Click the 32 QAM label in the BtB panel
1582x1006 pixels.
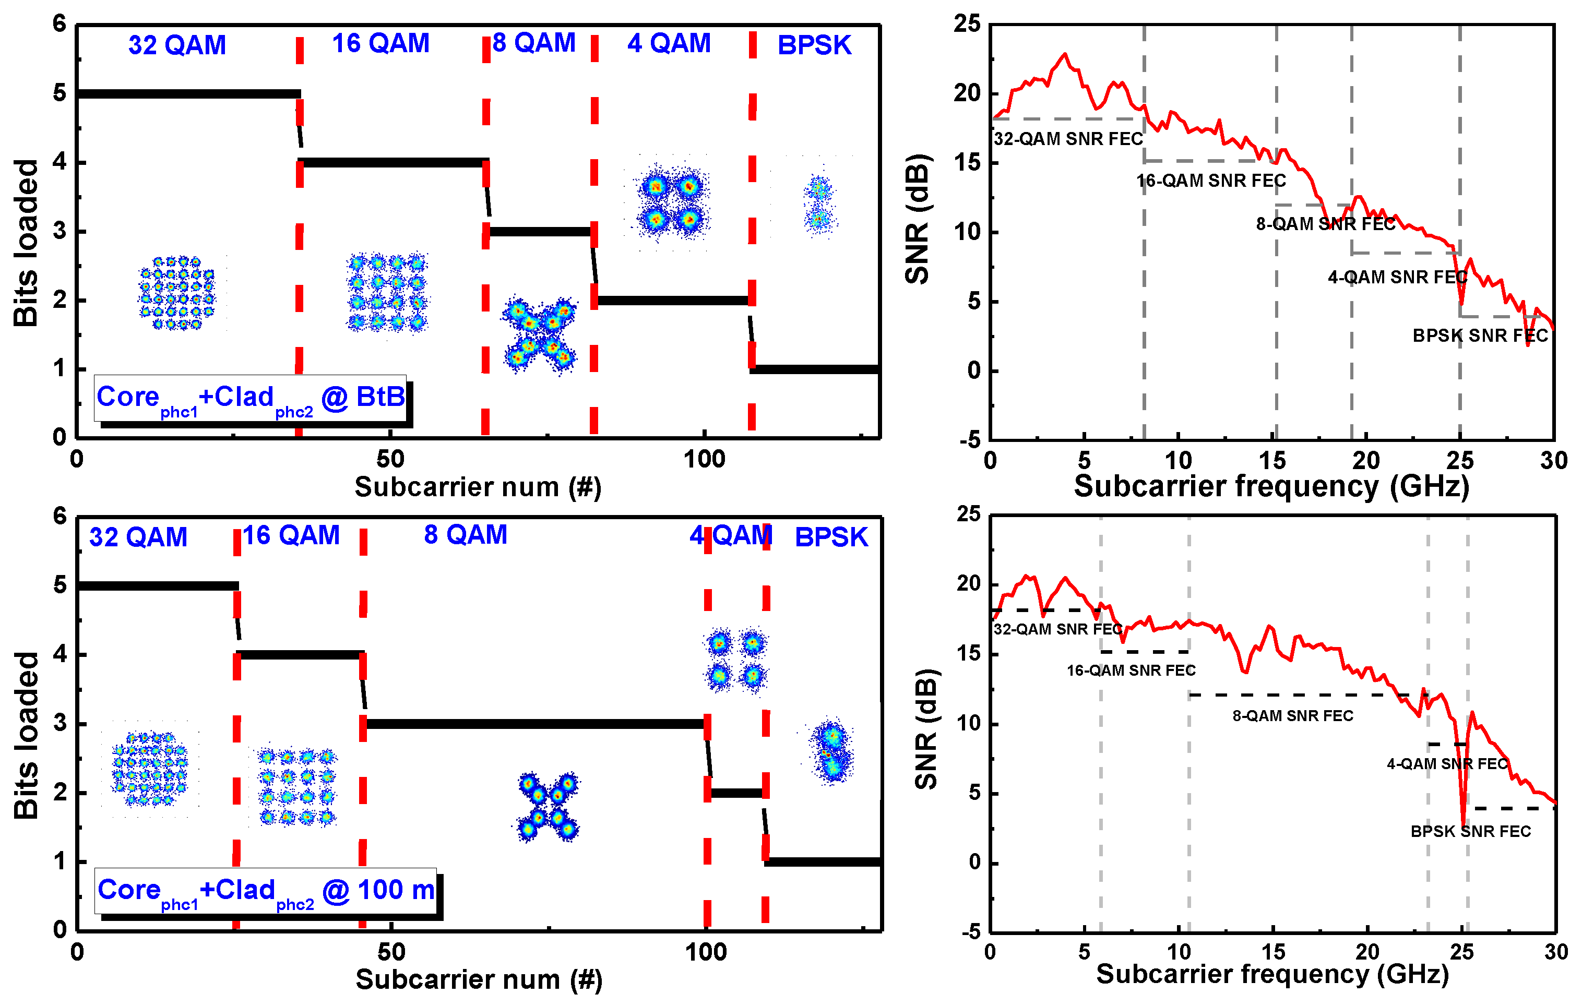(x=177, y=45)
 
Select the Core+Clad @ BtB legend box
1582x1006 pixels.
(x=251, y=398)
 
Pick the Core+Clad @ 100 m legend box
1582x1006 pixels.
(x=266, y=891)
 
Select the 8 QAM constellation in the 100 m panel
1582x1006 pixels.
(x=546, y=806)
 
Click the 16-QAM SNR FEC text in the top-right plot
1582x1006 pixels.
(x=1211, y=181)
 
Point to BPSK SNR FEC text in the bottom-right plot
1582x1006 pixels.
(x=1470, y=831)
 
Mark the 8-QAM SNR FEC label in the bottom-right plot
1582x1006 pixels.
(x=1292, y=716)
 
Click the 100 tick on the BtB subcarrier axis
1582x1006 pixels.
(x=704, y=460)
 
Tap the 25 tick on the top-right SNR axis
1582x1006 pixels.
(x=967, y=25)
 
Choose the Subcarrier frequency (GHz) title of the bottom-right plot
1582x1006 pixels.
(x=1272, y=975)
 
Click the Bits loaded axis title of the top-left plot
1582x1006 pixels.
(x=26, y=243)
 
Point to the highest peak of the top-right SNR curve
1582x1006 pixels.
(x=1064, y=54)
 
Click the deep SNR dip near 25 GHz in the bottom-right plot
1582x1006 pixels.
(x=1463, y=822)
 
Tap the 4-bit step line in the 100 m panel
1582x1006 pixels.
(x=300, y=655)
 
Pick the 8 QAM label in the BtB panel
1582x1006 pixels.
(x=533, y=43)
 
